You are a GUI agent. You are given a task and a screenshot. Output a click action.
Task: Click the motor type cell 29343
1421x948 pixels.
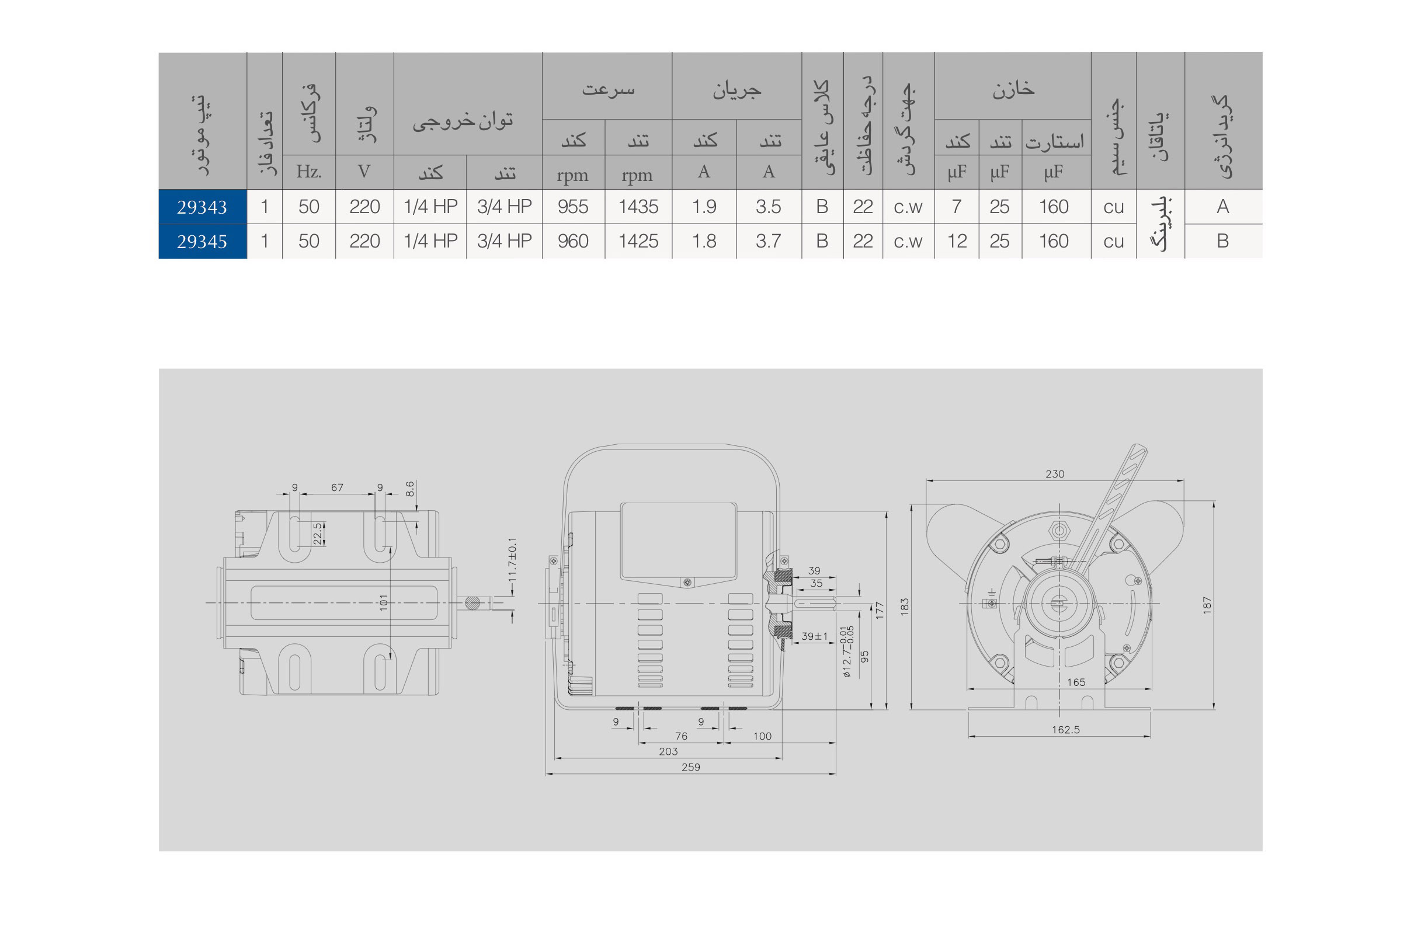coord(201,207)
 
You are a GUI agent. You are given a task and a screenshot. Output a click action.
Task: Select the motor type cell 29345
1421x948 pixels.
coord(201,241)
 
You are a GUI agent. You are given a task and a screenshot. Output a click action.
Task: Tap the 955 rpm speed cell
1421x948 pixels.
coord(572,207)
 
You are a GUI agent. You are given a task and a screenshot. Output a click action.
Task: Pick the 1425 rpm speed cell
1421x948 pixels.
coord(638,241)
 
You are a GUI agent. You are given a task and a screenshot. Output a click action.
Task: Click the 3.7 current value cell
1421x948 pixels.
coord(767,241)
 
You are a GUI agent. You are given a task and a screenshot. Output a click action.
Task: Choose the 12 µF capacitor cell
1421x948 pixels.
coord(956,241)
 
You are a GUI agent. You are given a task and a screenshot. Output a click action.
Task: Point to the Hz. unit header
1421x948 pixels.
coord(308,172)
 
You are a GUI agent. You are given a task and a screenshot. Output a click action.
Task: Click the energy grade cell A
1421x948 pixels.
coord(1222,207)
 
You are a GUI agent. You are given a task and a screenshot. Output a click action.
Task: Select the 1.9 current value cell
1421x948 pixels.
coord(704,207)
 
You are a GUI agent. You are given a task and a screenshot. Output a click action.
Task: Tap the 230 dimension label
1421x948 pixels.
coord(1054,474)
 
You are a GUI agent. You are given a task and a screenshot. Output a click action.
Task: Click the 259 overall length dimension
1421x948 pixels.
coord(690,767)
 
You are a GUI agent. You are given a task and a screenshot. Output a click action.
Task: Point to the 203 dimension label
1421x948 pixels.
coord(668,751)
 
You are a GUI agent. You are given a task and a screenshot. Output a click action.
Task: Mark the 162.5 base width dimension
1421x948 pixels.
coord(1065,730)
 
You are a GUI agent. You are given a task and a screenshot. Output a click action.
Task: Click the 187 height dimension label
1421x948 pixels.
coord(1207,605)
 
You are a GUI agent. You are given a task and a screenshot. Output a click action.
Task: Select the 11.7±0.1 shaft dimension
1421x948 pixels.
coord(512,560)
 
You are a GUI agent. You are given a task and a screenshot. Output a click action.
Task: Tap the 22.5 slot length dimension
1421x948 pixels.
coord(317,534)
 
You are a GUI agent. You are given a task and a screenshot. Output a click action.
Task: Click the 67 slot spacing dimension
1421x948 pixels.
coord(337,487)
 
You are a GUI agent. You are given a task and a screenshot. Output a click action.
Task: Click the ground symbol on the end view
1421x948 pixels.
coord(991,594)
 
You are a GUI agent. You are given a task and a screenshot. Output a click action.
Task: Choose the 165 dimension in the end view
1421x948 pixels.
coord(1076,682)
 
